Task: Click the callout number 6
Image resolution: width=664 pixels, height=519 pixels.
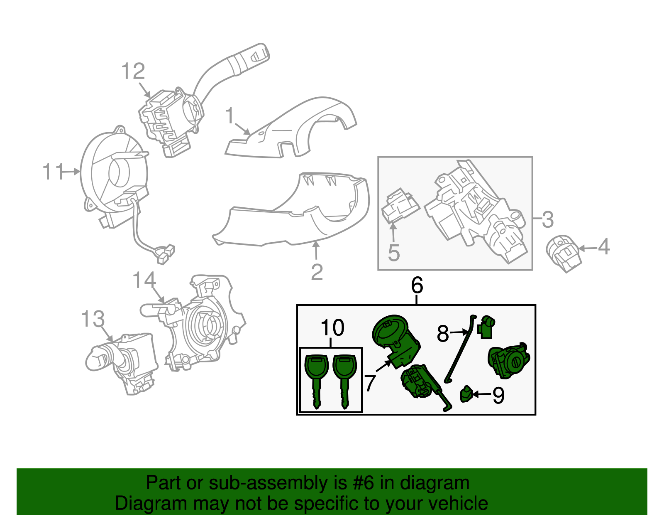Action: [417, 285]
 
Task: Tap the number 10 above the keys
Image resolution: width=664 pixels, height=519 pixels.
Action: [332, 328]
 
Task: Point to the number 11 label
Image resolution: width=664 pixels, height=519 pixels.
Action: [53, 172]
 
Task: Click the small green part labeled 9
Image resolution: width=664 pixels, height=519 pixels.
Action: [466, 394]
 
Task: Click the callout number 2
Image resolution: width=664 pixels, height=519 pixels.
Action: [317, 272]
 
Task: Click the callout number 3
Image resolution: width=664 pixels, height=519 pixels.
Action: [547, 219]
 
